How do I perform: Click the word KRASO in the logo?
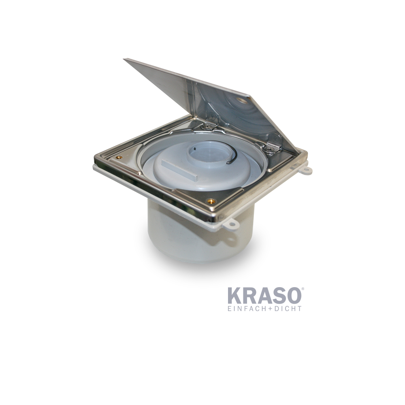[264, 296]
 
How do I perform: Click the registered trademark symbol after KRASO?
[302, 289]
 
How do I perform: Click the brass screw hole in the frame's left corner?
[118, 157]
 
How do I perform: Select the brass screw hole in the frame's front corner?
[210, 201]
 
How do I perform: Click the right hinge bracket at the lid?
[272, 144]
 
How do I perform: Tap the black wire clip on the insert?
[230, 156]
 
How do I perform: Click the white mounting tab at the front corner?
[232, 224]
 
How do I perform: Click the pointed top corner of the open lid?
[126, 60]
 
